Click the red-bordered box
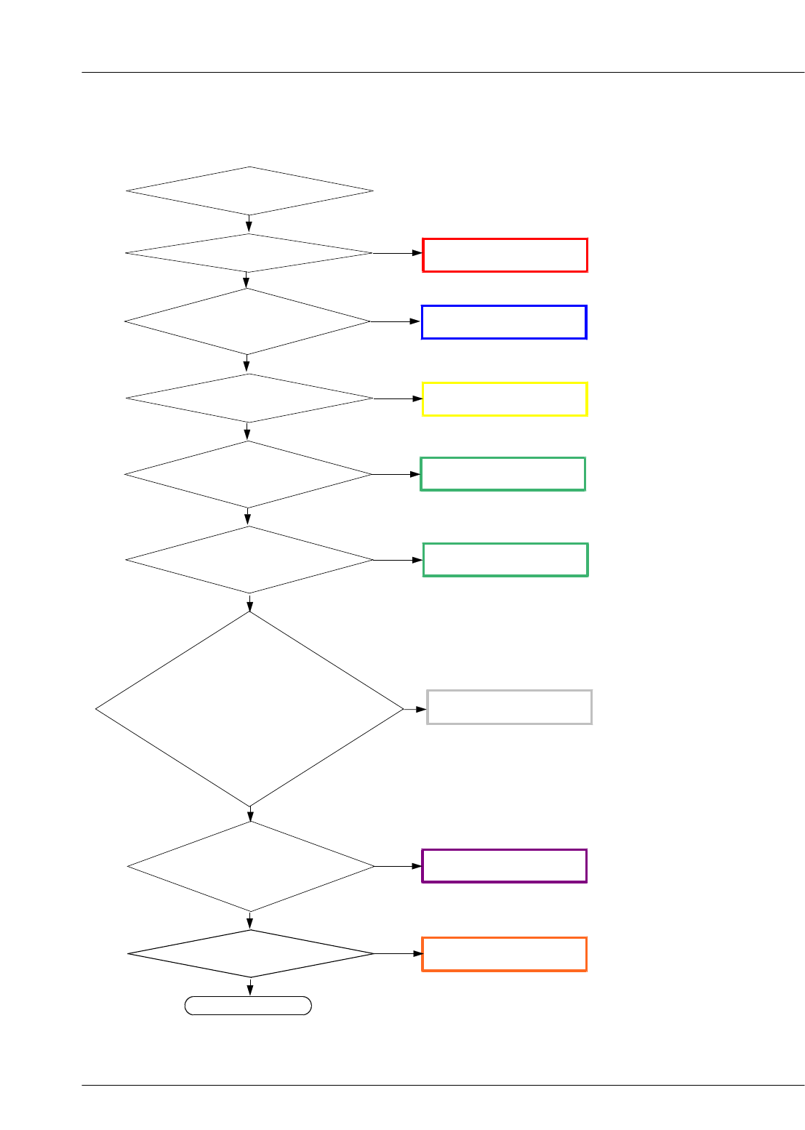coord(505,255)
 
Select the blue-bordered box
coord(504,322)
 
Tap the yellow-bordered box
coord(505,398)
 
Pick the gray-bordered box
coord(509,707)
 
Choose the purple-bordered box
coord(504,866)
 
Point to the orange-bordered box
coord(504,954)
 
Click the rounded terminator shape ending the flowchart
coord(249,1006)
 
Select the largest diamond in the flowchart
coord(249,709)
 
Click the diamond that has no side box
coord(249,191)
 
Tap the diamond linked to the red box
coord(249,253)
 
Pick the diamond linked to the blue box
coord(247,321)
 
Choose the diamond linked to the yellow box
coord(249,398)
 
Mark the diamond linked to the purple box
coord(251,866)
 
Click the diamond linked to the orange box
coord(251,953)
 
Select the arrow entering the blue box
coord(396,321)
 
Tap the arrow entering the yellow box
coord(398,398)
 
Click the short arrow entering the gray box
coord(415,709)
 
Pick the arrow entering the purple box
coord(398,866)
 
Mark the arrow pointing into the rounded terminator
coord(251,987)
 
